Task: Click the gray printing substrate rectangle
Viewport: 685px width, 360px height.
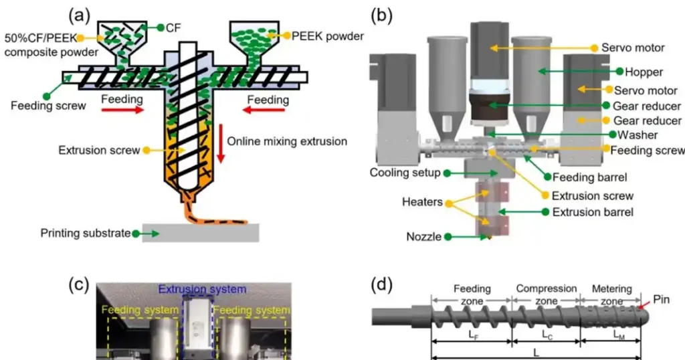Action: pos(201,233)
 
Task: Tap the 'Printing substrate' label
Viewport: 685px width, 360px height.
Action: pos(85,234)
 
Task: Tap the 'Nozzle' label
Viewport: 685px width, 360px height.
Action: pos(423,236)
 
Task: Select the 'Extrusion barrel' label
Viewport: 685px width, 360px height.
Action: pos(593,212)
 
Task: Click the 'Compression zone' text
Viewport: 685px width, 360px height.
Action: pos(547,295)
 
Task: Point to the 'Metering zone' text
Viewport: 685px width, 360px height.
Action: pos(612,295)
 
